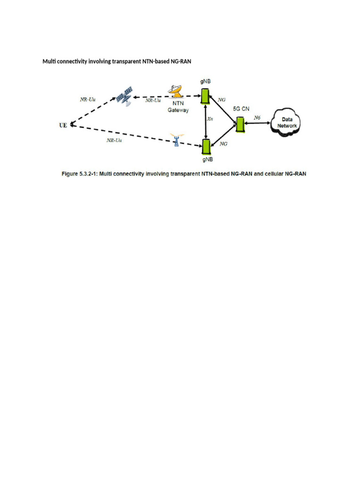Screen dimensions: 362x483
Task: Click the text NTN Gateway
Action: (178, 107)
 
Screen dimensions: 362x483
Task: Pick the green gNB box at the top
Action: (205, 96)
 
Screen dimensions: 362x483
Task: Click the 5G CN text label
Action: (241, 108)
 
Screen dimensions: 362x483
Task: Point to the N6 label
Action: (257, 117)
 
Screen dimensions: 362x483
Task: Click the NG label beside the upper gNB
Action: (222, 100)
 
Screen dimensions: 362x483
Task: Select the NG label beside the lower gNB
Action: (224, 144)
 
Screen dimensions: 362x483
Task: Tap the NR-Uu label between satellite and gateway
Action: (153, 100)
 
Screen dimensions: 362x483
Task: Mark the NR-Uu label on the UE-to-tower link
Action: (114, 140)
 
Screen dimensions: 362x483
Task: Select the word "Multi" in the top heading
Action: (49, 61)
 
